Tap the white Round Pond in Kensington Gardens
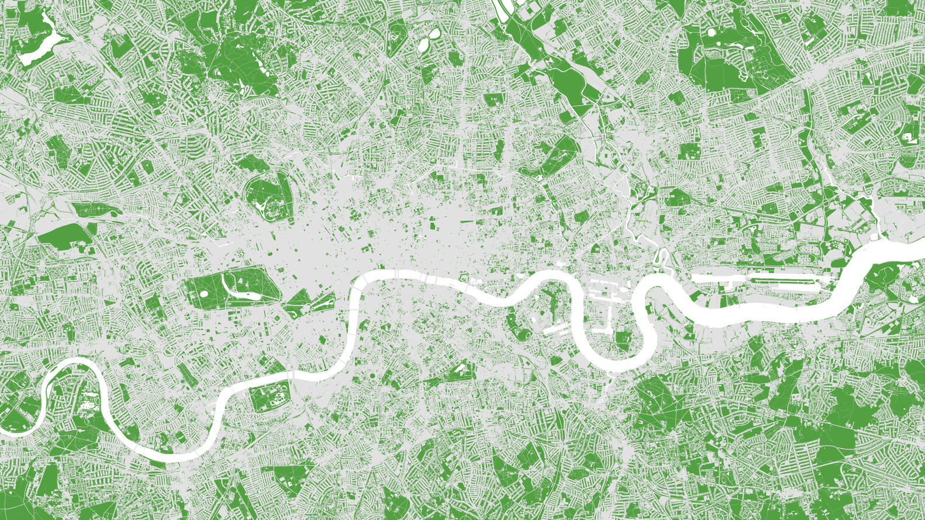pos(204,293)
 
